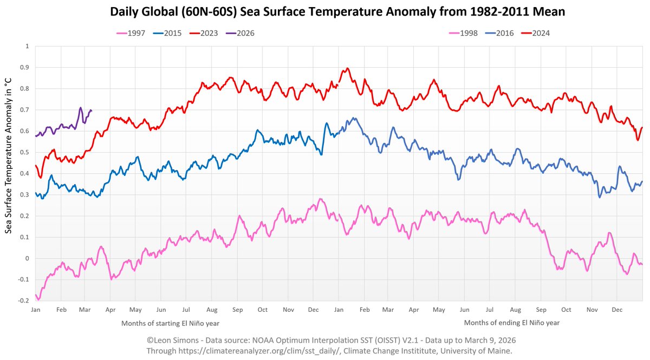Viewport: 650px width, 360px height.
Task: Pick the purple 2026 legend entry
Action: (x=243, y=33)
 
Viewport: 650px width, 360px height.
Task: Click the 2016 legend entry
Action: (x=503, y=33)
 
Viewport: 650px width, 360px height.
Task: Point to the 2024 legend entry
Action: (x=539, y=33)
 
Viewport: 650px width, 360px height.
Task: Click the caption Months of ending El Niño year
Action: (x=511, y=323)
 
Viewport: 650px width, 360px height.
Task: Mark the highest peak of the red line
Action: (x=347, y=69)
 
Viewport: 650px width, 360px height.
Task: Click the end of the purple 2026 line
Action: (x=91, y=110)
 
